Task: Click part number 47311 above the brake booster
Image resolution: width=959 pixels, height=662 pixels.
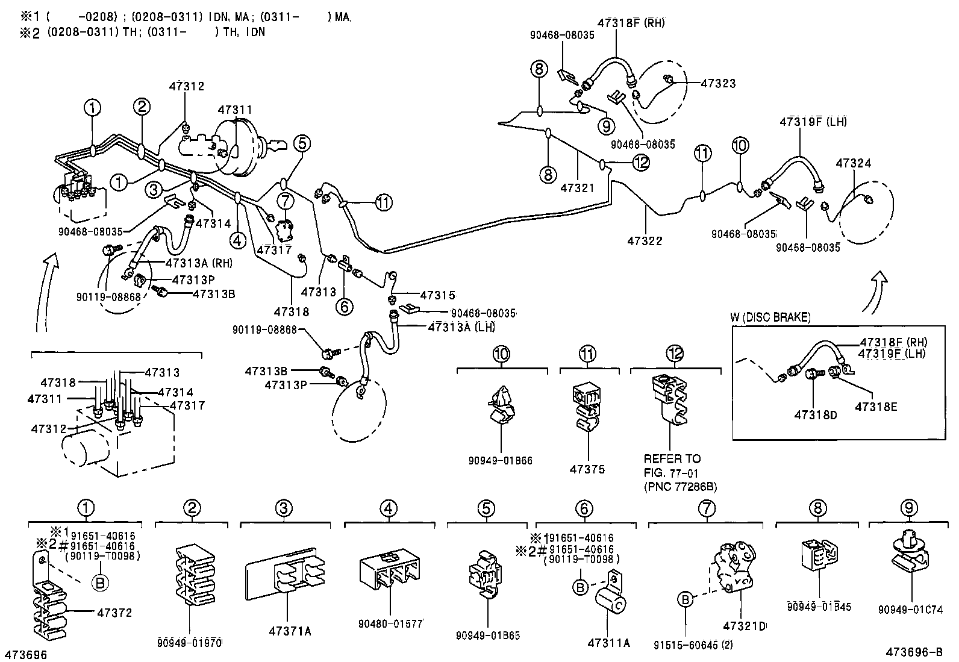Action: pyautogui.click(x=235, y=110)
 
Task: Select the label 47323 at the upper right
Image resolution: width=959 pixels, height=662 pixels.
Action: pyautogui.click(x=718, y=84)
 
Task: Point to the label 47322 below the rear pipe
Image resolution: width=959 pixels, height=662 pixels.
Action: pyautogui.click(x=645, y=241)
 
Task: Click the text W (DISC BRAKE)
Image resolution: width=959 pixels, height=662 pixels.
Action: pyautogui.click(x=770, y=317)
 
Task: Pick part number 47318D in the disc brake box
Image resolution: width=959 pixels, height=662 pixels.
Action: pyautogui.click(x=816, y=415)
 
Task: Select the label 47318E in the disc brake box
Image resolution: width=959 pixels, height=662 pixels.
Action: pyautogui.click(x=876, y=407)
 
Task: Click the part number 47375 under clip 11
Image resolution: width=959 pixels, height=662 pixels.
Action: pyautogui.click(x=588, y=469)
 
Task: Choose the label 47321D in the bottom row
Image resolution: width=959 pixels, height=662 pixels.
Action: pyautogui.click(x=745, y=626)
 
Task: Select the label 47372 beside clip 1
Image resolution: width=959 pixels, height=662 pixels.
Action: pyautogui.click(x=114, y=613)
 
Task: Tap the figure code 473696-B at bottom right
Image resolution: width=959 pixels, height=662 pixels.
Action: pyautogui.click(x=914, y=652)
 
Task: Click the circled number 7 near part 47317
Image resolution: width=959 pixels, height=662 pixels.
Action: pyautogui.click(x=286, y=201)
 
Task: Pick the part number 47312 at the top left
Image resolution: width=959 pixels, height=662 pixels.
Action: pyautogui.click(x=186, y=86)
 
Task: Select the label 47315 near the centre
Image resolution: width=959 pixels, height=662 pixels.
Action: pyautogui.click(x=438, y=296)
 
